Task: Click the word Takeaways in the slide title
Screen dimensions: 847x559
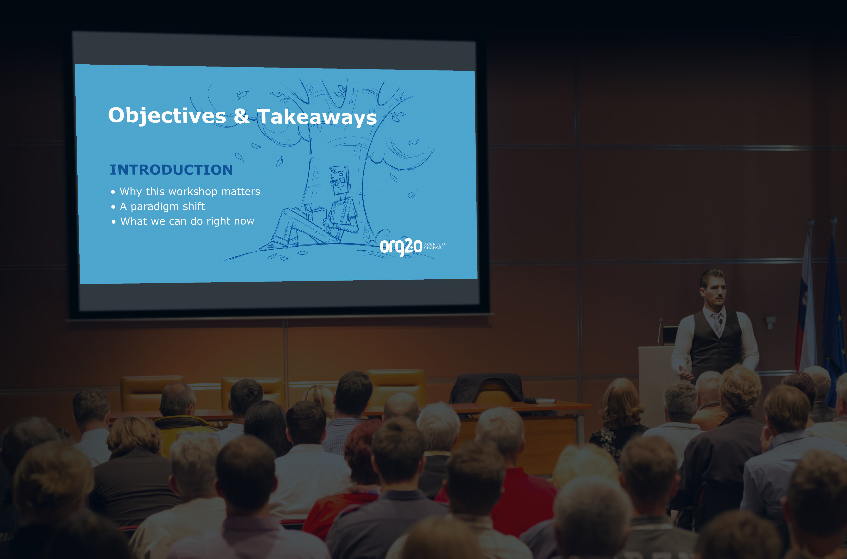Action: [317, 117]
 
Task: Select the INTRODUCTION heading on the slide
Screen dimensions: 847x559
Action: [171, 170]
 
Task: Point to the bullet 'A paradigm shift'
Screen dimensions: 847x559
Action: [162, 207]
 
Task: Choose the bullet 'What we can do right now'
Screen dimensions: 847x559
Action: [187, 221]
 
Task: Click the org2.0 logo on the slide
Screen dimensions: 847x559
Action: [401, 246]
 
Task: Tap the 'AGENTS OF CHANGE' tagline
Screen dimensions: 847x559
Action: [436, 246]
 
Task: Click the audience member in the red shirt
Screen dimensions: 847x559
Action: [524, 499]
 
